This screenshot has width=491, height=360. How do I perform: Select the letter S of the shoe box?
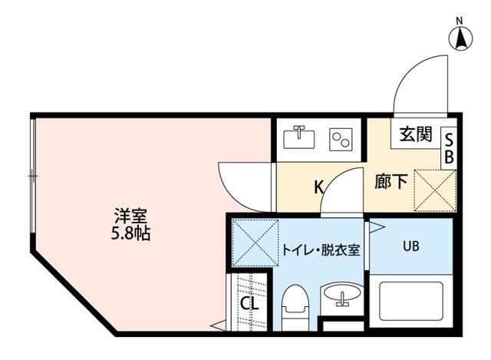(450, 140)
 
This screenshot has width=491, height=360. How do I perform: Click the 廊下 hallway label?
(390, 183)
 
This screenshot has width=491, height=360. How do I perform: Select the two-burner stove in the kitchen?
(340, 139)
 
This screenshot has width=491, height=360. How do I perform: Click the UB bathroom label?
(411, 247)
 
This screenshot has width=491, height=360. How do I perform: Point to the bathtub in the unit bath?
(411, 302)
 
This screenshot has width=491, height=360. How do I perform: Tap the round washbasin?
(340, 293)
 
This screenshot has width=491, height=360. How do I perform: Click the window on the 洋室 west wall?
(32, 177)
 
